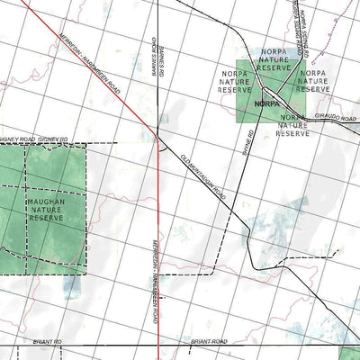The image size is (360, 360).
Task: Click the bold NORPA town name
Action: coord(269,103)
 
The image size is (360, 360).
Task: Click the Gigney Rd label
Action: coord(55,140)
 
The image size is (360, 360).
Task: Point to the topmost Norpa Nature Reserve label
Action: coord(274,59)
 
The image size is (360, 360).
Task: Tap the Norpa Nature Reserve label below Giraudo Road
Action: coord(292,125)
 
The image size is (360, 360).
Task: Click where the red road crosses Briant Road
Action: coord(159,345)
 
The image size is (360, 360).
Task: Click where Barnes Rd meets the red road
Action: coord(158,139)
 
